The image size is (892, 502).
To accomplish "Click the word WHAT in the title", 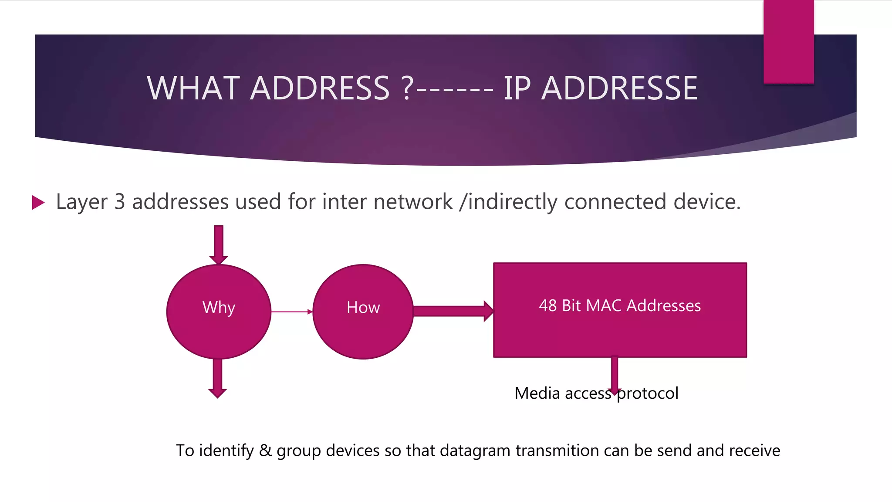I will [193, 88].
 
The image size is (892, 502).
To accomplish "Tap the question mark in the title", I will [407, 88].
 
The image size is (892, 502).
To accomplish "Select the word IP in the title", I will [517, 88].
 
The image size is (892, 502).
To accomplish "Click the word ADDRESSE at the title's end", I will [619, 88].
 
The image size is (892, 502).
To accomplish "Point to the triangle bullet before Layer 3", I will [38, 203].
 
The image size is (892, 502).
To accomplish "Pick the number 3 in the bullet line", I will [119, 202].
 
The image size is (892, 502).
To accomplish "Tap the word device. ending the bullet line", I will [707, 202].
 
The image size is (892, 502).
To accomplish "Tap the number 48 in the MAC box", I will [548, 306].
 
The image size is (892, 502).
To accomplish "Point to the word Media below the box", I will [537, 393].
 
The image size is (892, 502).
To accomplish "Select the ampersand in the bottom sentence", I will [265, 451].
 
